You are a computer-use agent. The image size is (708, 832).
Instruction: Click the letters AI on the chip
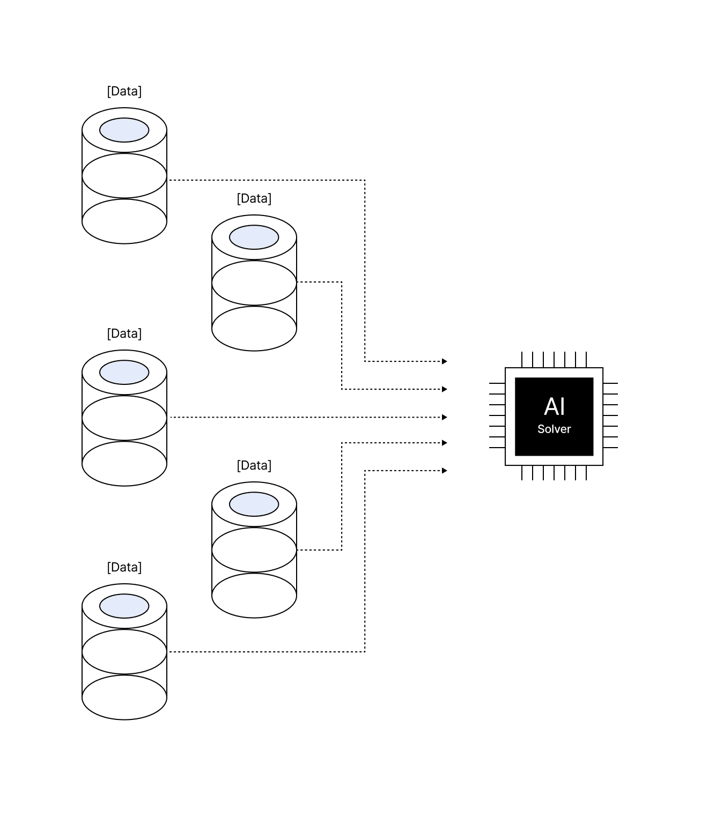(554, 406)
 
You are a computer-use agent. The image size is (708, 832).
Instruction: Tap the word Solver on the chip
(554, 429)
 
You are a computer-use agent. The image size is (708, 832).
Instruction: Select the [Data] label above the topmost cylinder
(124, 91)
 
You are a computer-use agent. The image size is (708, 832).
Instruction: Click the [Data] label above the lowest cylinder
(124, 568)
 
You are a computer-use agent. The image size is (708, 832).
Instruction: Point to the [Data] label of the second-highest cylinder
(254, 198)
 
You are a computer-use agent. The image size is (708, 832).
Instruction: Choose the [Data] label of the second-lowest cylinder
(254, 466)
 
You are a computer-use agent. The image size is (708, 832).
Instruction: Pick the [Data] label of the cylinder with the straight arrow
(124, 333)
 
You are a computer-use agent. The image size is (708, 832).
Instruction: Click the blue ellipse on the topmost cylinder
(124, 130)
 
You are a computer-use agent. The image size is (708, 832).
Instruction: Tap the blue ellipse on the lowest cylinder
(124, 606)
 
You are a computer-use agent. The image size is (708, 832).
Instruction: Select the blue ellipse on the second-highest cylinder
(254, 237)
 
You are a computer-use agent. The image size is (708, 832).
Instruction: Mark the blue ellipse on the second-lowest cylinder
(254, 504)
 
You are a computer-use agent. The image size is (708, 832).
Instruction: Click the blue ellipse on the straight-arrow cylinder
(124, 373)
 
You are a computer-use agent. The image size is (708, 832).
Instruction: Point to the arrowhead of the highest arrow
(445, 361)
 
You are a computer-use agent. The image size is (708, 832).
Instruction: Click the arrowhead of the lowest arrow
(445, 471)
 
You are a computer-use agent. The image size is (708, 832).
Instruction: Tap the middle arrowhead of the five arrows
(445, 418)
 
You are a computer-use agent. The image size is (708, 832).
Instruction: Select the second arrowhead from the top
(445, 389)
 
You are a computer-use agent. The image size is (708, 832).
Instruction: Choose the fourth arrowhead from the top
(445, 443)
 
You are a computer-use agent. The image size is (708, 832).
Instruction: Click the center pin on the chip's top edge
(554, 360)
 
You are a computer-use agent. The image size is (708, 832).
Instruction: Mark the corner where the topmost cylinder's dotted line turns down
(365, 180)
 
